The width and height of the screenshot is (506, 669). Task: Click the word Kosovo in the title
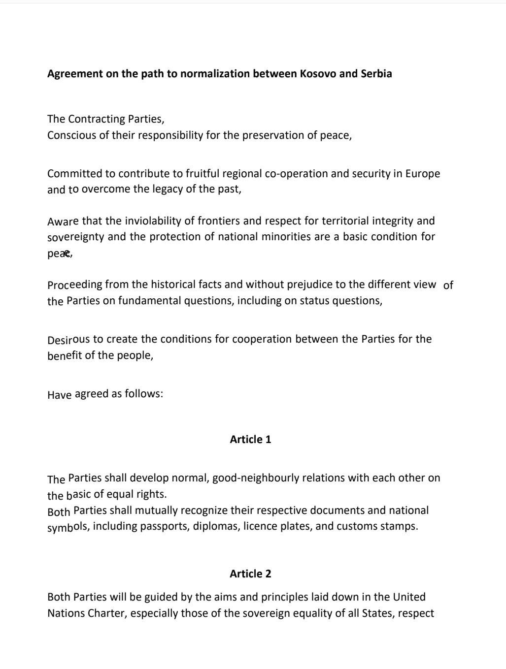[x=318, y=74]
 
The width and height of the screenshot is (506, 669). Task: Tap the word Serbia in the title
[x=376, y=74]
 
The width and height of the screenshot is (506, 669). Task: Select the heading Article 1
[x=250, y=440]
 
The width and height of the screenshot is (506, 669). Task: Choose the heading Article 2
[x=250, y=574]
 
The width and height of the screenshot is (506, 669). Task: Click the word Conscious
[x=70, y=135]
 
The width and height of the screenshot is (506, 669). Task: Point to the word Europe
[x=423, y=174]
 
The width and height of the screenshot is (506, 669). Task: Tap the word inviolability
[x=153, y=221]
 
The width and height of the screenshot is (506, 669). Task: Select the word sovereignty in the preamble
[x=76, y=237]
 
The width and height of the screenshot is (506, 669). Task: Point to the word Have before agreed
[x=59, y=395]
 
